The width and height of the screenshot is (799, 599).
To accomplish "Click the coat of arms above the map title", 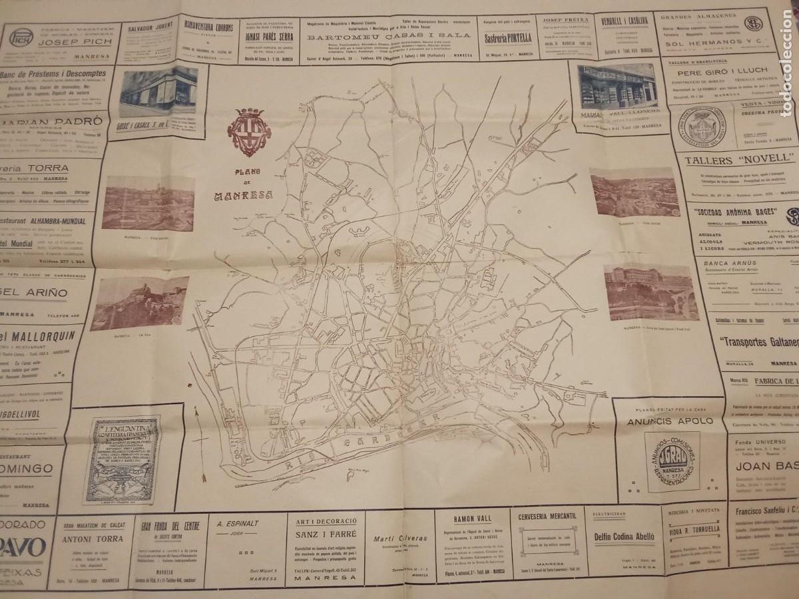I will tap(249, 131).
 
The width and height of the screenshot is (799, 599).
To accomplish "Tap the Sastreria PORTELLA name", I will tap(508, 38).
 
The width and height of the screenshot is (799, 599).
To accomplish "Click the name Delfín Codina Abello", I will tap(624, 536).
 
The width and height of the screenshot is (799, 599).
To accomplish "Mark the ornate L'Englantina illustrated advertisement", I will tap(122, 459).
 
